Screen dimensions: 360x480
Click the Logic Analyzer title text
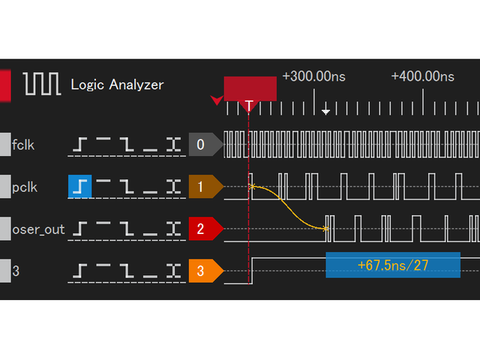(117, 85)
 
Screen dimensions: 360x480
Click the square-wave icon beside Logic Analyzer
(43, 84)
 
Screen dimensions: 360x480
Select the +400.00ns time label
(424, 76)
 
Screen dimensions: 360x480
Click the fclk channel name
(24, 145)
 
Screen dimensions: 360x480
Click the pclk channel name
(25, 186)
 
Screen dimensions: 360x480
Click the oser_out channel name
(38, 229)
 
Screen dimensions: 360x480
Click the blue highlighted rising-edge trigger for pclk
(79, 186)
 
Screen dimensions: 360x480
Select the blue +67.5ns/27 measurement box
(392, 265)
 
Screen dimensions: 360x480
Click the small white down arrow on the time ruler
(325, 112)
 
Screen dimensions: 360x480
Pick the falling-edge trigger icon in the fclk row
(127, 145)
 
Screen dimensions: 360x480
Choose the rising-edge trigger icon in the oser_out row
(79, 229)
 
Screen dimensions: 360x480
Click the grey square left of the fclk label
(5, 145)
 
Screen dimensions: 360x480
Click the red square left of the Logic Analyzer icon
(5, 84)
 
